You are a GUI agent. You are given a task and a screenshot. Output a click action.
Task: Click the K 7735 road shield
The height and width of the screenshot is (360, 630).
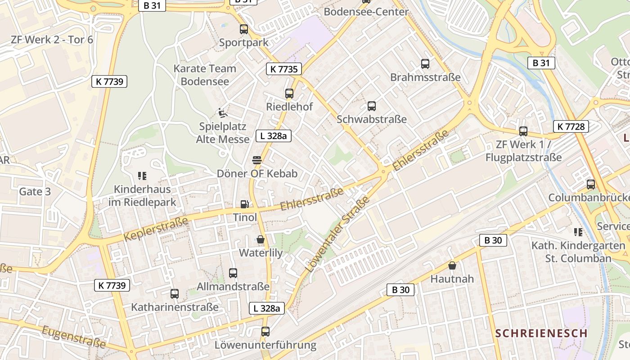[x=283, y=69]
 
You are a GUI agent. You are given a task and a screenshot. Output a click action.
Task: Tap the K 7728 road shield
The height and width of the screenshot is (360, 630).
[x=571, y=126]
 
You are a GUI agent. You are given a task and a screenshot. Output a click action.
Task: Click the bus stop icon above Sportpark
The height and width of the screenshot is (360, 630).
[x=244, y=29]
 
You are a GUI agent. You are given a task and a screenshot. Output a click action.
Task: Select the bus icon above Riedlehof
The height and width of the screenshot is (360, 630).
[x=289, y=94]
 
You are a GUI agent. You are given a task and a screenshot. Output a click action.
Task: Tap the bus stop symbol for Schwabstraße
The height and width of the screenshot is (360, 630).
[x=372, y=106]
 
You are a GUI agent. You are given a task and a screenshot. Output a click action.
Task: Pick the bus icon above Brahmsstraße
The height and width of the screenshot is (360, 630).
[x=425, y=64]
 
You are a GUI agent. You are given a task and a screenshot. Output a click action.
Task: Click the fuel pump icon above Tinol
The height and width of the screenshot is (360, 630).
[x=244, y=204]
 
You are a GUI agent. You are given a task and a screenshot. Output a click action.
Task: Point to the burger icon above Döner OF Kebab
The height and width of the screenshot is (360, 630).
[x=257, y=160]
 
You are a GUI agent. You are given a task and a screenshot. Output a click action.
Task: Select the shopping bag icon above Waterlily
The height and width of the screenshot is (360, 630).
[x=261, y=239]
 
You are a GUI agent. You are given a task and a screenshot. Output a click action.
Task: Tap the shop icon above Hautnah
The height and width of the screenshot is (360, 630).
[x=452, y=265]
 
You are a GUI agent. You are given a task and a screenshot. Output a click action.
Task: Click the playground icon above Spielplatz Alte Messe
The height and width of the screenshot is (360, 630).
[x=222, y=112]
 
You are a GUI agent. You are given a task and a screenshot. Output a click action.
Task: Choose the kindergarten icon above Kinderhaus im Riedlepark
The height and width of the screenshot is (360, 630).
[x=142, y=175]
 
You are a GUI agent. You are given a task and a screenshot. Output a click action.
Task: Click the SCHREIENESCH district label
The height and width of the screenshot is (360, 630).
[x=541, y=333]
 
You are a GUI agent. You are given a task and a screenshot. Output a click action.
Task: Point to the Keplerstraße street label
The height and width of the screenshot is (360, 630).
[x=155, y=229]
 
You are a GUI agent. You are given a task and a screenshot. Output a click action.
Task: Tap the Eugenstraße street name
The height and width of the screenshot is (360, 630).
[x=74, y=337]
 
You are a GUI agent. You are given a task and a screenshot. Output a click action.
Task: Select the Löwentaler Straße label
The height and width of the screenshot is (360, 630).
[x=337, y=234]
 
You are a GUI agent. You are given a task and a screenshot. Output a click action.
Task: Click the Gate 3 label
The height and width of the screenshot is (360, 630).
[x=35, y=192]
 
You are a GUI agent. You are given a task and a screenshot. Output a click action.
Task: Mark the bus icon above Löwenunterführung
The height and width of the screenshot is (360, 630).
[x=265, y=332]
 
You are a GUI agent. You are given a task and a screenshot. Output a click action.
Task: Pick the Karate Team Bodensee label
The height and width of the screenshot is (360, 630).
[x=205, y=75]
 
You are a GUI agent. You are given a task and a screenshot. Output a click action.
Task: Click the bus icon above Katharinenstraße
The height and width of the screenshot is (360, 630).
[x=175, y=294]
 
